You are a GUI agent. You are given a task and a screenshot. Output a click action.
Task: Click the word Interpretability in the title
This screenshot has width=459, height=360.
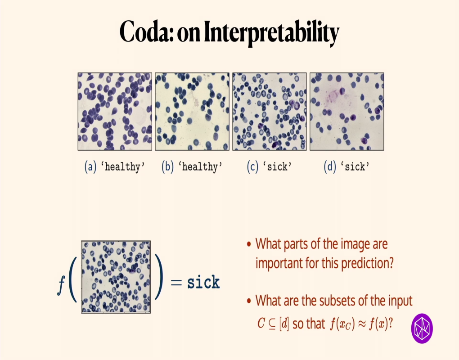270,34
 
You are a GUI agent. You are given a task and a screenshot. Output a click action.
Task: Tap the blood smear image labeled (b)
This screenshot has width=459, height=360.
192,111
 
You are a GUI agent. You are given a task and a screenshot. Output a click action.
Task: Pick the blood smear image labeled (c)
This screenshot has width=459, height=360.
269,111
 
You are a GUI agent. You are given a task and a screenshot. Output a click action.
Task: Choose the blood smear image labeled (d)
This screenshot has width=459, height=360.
346,111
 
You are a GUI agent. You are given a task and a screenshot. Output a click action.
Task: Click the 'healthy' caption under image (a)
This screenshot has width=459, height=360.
122,167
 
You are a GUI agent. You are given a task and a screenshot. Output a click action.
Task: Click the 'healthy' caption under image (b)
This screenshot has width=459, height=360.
200,167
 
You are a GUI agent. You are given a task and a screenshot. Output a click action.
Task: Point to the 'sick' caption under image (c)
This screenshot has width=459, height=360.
277,167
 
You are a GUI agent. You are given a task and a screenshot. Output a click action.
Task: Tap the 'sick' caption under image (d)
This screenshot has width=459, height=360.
354,167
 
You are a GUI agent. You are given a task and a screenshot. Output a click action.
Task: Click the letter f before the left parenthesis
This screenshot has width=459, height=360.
61,283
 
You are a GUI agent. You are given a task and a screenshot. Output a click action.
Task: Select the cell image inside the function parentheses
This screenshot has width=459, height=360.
116,277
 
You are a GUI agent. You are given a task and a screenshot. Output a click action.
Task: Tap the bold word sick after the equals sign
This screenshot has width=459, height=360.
203,283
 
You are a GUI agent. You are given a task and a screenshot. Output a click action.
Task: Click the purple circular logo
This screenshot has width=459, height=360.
422,328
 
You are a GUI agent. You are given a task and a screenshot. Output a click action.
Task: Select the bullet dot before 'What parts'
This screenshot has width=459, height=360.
249,245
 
